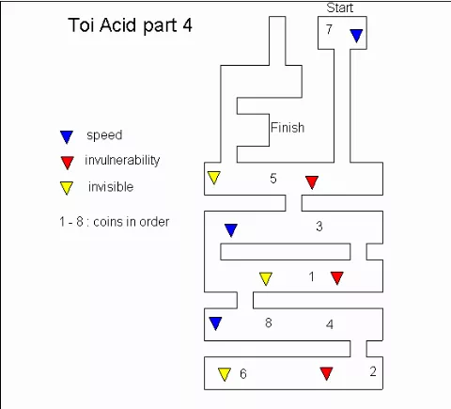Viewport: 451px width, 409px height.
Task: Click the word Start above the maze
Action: click(x=340, y=8)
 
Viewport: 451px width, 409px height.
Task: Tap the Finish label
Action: click(x=288, y=128)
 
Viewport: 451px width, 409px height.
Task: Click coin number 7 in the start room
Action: click(x=329, y=29)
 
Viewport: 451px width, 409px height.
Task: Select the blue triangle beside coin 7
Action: click(x=356, y=36)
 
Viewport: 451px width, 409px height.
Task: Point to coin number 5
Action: click(x=273, y=179)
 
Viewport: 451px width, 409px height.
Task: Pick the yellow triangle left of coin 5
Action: click(x=214, y=178)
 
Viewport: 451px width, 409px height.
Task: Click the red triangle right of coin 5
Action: click(x=312, y=182)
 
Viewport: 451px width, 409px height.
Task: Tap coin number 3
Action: click(x=319, y=227)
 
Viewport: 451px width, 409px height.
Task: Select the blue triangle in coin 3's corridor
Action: click(x=231, y=230)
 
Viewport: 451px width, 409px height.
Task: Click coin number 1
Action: click(x=311, y=276)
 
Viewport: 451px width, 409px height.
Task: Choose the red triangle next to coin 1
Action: click(x=337, y=278)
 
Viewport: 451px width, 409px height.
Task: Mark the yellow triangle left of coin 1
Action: click(x=266, y=278)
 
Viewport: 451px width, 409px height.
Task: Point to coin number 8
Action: click(x=269, y=322)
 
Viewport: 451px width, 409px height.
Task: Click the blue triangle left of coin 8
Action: click(x=215, y=323)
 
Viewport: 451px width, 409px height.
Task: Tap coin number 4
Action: click(x=330, y=324)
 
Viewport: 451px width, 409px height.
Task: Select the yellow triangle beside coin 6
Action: click(x=225, y=374)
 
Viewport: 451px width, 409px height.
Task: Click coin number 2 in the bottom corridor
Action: click(x=373, y=371)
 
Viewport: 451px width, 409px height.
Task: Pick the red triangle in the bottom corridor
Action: click(x=326, y=373)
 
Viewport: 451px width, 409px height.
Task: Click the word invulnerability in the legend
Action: click(x=122, y=160)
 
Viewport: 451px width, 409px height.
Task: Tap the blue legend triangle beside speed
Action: click(x=67, y=137)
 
